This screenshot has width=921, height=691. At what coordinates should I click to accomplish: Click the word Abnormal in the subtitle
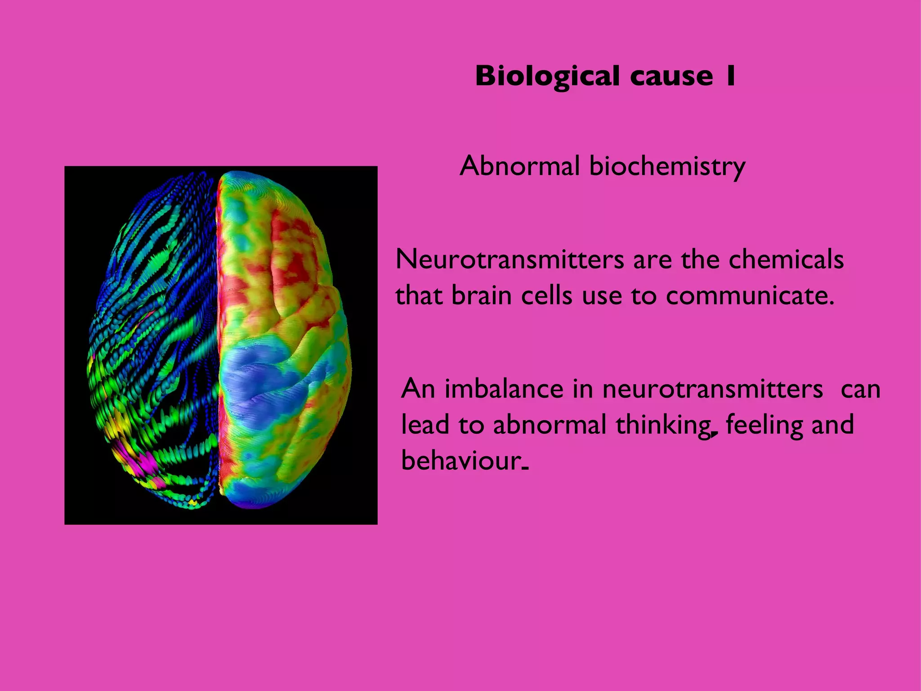tap(519, 166)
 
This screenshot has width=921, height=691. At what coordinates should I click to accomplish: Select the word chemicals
tap(786, 260)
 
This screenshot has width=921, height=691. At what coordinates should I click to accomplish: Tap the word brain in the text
tap(481, 296)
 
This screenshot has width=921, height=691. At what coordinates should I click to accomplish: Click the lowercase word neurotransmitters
tap(713, 390)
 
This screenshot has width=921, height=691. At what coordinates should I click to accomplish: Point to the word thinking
tap(663, 426)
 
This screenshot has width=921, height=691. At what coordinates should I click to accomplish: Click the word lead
tap(425, 425)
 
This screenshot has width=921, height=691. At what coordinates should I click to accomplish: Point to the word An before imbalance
tap(418, 389)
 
